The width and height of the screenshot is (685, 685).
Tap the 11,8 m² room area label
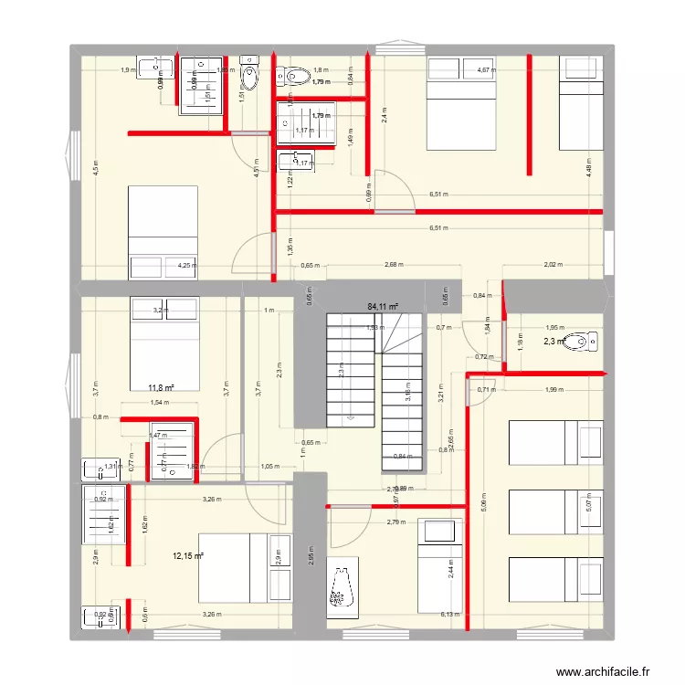tap(161, 387)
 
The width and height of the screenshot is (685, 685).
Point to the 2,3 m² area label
tap(553, 342)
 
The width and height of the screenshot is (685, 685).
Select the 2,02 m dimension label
tap(553, 265)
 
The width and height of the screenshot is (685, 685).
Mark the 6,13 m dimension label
tap(451, 615)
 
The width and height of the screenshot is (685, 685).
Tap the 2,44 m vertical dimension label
tap(449, 569)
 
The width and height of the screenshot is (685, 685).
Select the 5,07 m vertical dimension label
tap(590, 501)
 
